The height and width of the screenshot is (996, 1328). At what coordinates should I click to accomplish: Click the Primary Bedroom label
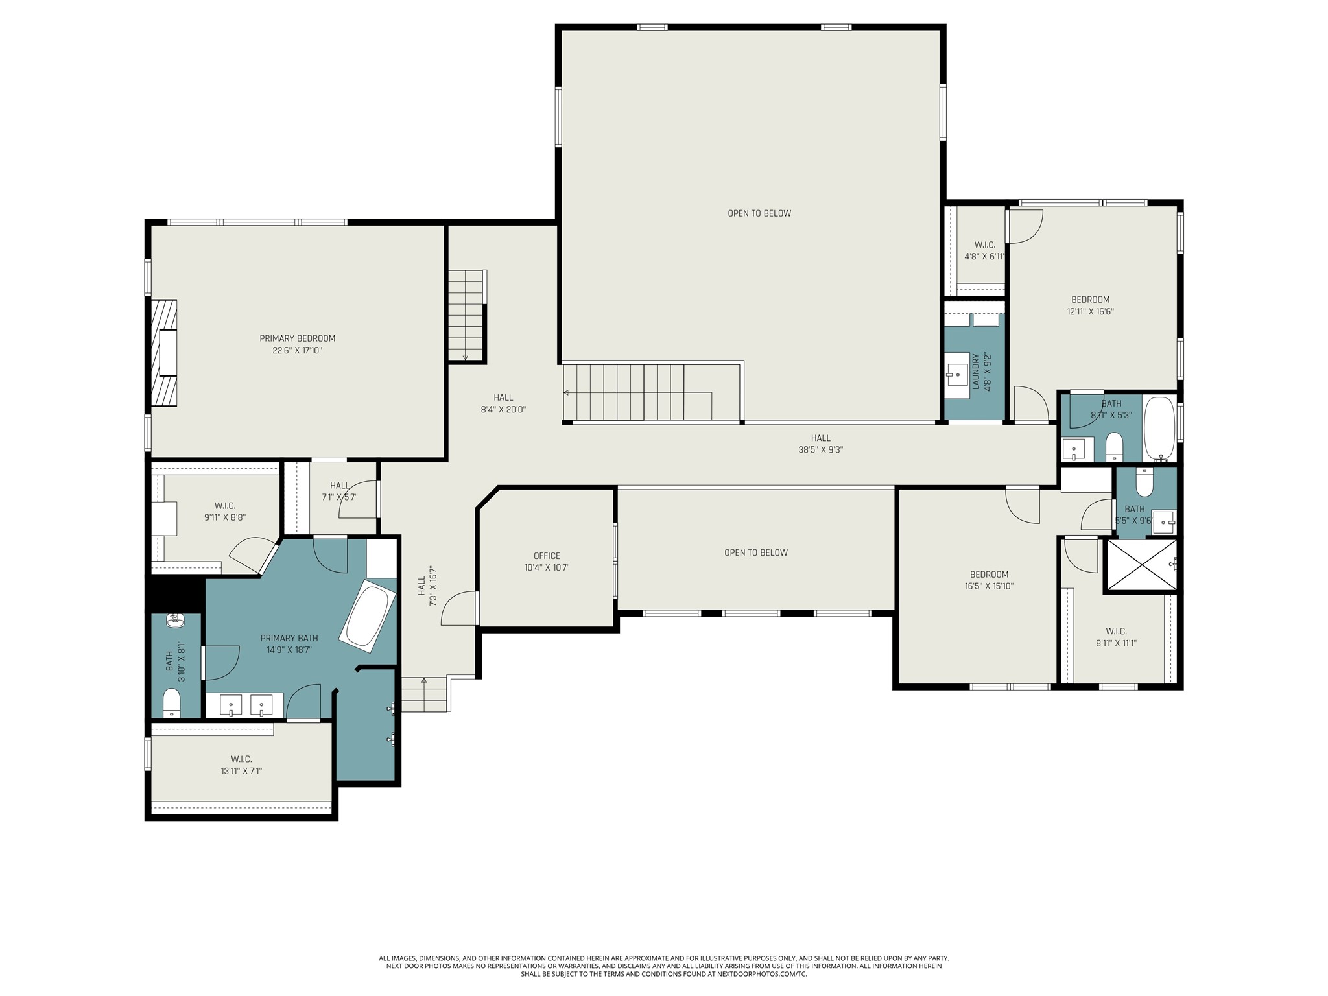(x=298, y=338)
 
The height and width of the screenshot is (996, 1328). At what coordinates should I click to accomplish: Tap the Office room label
(x=547, y=556)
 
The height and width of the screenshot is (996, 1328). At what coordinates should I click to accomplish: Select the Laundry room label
(x=975, y=372)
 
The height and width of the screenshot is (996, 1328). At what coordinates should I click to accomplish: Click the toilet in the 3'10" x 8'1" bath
(x=171, y=703)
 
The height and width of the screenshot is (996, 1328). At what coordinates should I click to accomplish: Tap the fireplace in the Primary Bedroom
(x=164, y=352)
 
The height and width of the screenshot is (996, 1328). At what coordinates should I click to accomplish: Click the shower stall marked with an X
(x=1141, y=565)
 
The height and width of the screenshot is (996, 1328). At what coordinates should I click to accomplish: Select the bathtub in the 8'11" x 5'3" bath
(x=1159, y=429)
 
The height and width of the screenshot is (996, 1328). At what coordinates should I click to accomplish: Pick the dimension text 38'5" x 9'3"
(x=820, y=449)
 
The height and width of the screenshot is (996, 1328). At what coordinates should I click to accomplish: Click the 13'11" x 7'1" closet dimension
(x=241, y=771)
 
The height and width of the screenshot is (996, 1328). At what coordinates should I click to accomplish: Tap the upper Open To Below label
(x=759, y=213)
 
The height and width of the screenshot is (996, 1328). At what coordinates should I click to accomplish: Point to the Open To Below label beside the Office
(x=756, y=552)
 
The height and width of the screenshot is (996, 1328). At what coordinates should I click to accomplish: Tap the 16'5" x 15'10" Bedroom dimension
(x=989, y=586)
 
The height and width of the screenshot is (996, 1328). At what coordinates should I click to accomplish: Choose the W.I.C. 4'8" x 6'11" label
(x=984, y=250)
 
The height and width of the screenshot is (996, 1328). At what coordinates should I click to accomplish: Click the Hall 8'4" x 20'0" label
(x=503, y=404)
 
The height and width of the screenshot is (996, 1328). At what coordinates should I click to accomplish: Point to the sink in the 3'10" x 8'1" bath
(x=175, y=621)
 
